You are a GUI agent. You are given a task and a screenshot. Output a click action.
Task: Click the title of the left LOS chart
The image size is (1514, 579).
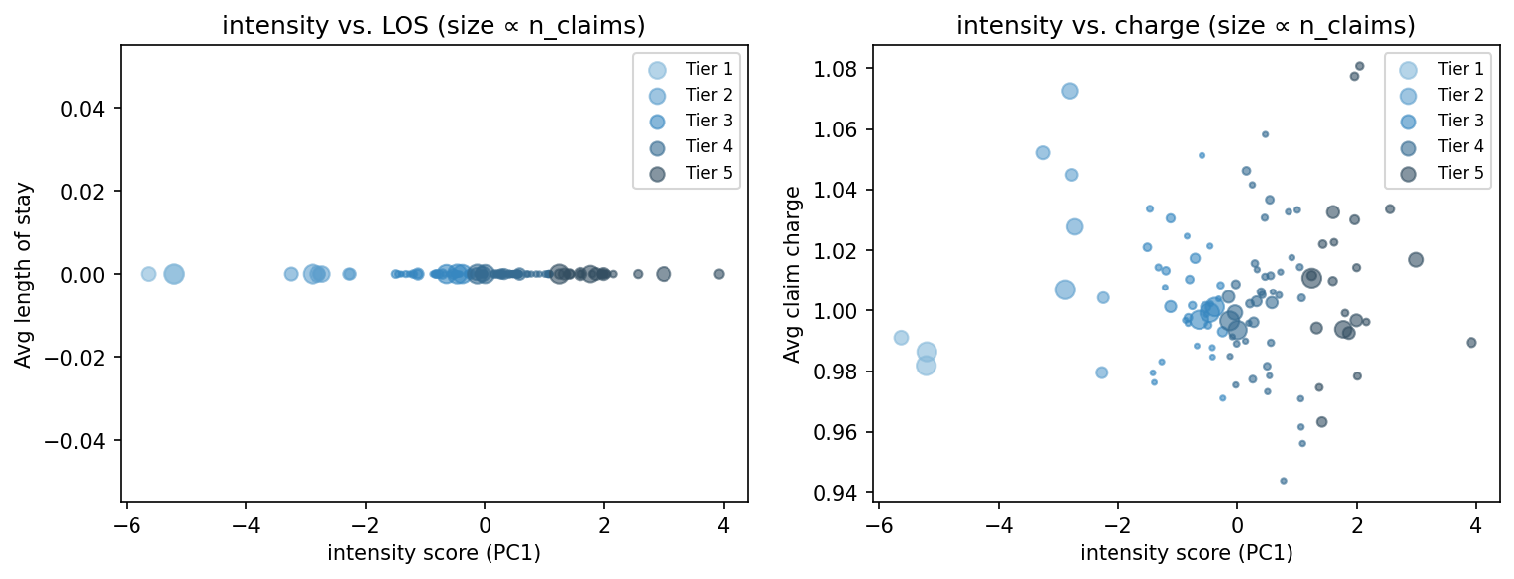pos(433,26)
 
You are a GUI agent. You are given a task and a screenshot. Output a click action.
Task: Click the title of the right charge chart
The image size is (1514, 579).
pos(1186,26)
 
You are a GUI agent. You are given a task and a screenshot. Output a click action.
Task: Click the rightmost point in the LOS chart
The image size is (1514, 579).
pos(719,274)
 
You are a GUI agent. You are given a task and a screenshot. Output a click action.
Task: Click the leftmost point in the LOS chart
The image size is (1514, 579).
pos(148,274)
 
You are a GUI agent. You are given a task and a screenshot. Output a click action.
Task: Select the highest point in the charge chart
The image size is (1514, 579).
pos(1359,66)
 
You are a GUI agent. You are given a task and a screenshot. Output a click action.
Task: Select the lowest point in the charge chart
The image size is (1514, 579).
pos(1284,481)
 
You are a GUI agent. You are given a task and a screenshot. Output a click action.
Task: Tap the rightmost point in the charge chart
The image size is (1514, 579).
pos(1471,343)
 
